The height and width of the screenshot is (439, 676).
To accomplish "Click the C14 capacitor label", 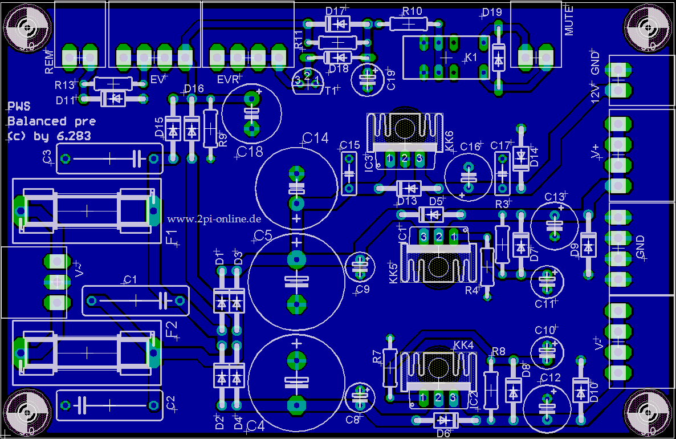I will click(x=315, y=138).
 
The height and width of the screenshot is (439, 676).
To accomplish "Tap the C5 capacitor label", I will click(x=263, y=235).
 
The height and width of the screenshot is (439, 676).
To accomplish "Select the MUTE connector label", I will click(x=569, y=23).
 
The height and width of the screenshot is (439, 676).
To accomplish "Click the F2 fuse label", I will click(x=172, y=329).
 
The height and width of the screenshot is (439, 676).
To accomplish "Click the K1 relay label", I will click(x=471, y=58).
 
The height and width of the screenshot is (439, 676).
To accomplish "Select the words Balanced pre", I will click(x=51, y=121).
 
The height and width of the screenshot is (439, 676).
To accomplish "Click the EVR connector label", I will click(x=228, y=79).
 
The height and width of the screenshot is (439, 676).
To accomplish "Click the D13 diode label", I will click(x=407, y=201).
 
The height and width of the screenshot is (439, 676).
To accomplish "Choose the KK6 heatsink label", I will click(x=449, y=141).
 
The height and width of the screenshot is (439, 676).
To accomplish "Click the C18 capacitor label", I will click(x=250, y=152).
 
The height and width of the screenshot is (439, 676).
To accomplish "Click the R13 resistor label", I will click(x=64, y=85).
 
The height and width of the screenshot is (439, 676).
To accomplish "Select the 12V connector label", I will click(x=595, y=93).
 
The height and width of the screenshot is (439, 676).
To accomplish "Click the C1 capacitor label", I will click(x=130, y=279).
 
